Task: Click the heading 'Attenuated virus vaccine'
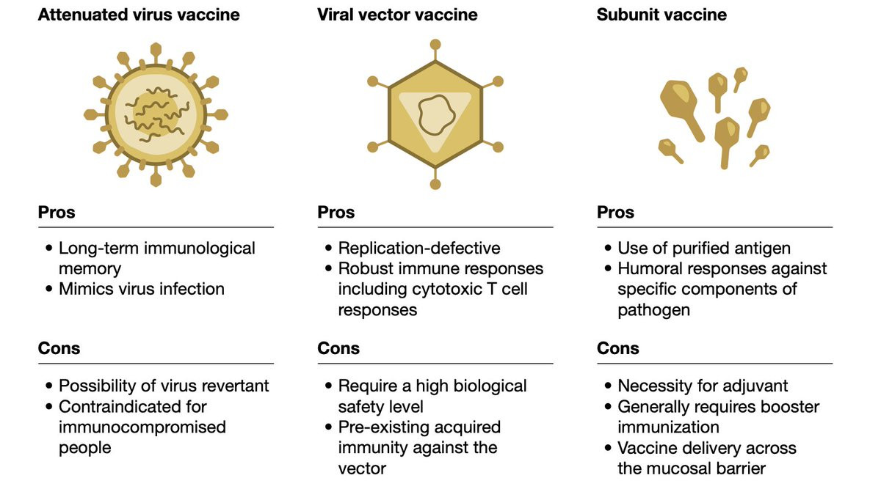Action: (x=139, y=15)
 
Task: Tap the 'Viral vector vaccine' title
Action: (x=397, y=15)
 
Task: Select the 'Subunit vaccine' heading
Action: (x=661, y=15)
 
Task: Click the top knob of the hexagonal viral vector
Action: (x=435, y=45)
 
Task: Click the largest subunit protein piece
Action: (x=681, y=109)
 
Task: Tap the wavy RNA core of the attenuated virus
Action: (x=156, y=114)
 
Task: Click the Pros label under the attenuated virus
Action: (x=57, y=212)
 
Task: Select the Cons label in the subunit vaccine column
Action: (x=618, y=348)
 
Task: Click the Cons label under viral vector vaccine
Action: (x=338, y=348)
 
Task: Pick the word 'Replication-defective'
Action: (x=419, y=249)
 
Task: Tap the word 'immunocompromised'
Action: (x=142, y=427)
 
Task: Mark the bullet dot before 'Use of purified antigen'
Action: (x=608, y=248)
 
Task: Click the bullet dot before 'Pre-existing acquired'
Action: (x=328, y=427)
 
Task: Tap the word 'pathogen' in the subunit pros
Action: (x=653, y=310)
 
